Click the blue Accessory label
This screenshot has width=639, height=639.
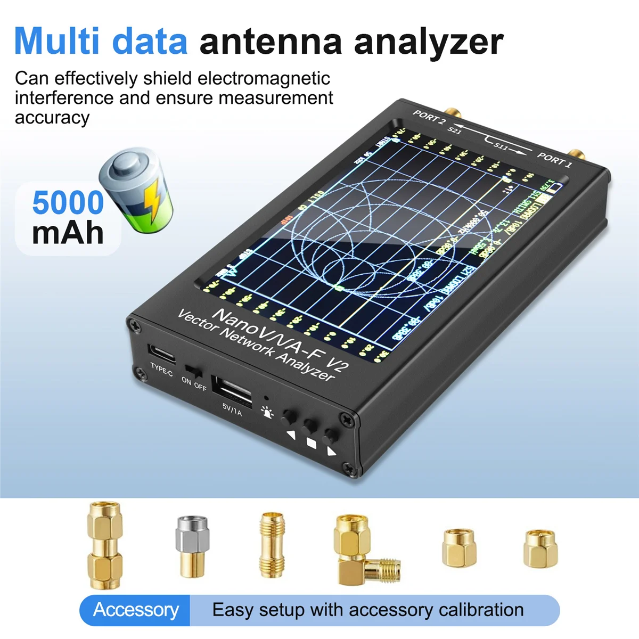point(136,610)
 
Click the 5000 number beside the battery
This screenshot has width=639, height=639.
point(68,202)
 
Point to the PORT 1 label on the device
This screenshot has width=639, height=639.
point(554,159)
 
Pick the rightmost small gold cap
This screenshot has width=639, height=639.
point(540,548)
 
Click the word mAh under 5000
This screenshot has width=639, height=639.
point(68,233)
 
